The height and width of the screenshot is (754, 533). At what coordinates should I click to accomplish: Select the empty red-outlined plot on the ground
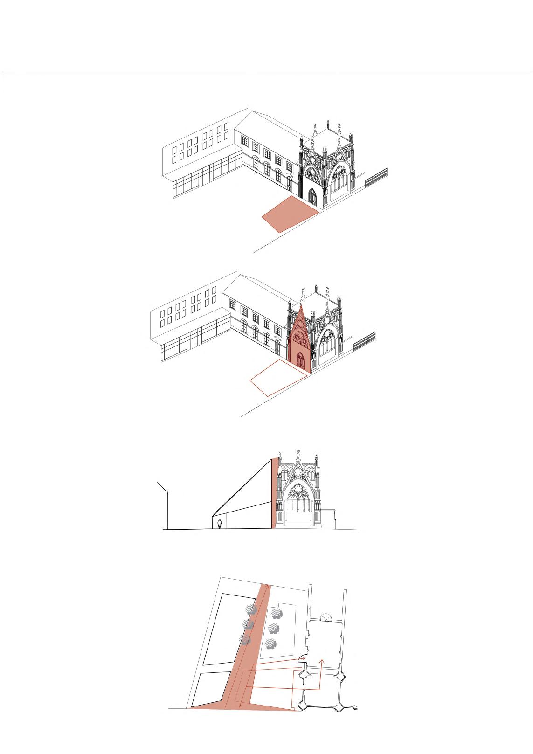(x=278, y=377)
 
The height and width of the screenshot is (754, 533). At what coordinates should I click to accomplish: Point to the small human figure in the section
(x=219, y=524)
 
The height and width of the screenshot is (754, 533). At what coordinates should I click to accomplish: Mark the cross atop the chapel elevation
(x=298, y=452)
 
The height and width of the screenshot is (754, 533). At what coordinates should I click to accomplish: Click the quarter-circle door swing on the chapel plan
(x=302, y=659)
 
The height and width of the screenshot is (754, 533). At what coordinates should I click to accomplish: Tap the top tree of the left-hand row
(x=251, y=609)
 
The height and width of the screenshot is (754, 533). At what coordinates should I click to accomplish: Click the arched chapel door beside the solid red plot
(x=312, y=197)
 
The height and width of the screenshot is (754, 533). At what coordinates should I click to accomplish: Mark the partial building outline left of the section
(x=164, y=506)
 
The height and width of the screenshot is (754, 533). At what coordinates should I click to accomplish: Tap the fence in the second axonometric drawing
(x=364, y=340)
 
